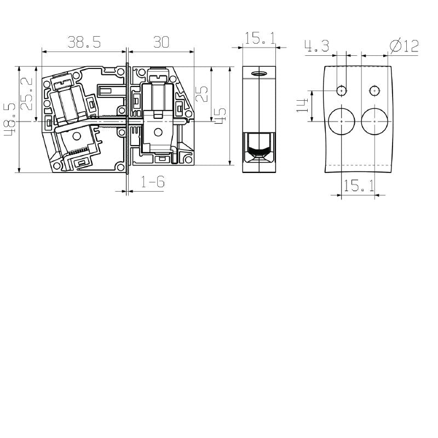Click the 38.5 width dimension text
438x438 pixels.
(x=84, y=43)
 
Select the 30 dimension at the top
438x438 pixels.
(x=160, y=43)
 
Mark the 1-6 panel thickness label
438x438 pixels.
(x=153, y=182)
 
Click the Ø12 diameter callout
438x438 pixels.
(x=404, y=47)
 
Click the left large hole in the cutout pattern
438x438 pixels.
(x=342, y=120)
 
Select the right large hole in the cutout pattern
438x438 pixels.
(x=375, y=120)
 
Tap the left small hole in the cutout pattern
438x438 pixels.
(x=342, y=90)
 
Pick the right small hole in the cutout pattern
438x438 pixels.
(x=374, y=90)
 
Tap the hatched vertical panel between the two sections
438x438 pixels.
(x=127, y=118)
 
